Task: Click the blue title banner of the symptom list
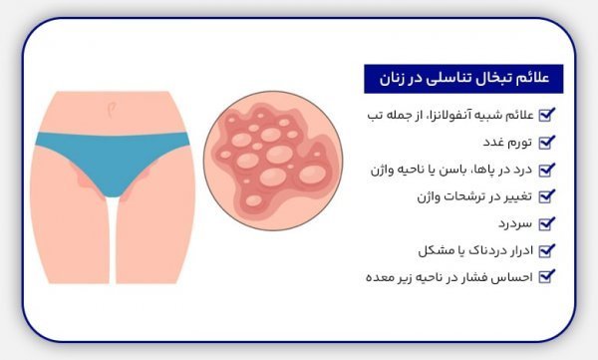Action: coord(462,77)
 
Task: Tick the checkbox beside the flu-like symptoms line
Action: coord(545,116)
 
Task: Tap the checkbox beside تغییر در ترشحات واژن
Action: coord(545,196)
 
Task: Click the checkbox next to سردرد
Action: coord(545,223)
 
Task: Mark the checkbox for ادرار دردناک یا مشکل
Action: coord(545,250)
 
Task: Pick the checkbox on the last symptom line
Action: coord(545,277)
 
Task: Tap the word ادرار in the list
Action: coord(515,250)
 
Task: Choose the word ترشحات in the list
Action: coord(449,196)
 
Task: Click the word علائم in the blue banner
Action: coord(536,77)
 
